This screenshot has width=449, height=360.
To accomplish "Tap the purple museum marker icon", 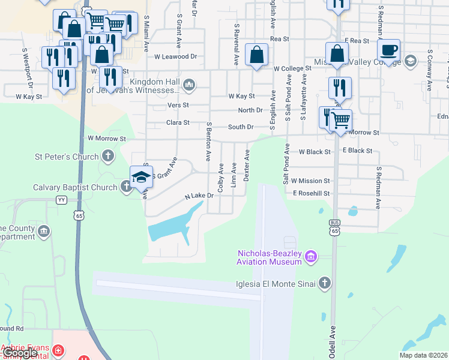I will click(x=310, y=257).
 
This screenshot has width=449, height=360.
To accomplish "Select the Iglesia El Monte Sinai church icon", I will click(x=324, y=283).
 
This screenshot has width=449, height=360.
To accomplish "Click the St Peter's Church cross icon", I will click(x=108, y=157).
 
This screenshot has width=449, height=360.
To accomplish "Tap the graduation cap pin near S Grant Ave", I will click(x=141, y=176).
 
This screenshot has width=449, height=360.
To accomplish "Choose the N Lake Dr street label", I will click(x=199, y=196).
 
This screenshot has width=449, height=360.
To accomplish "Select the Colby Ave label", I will click(x=221, y=177).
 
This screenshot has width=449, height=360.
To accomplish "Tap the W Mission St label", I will click(x=310, y=181).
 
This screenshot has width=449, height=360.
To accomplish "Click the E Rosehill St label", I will click(x=312, y=193).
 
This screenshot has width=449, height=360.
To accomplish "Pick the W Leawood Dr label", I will click(x=175, y=57).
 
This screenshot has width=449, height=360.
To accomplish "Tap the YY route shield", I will click(x=61, y=199).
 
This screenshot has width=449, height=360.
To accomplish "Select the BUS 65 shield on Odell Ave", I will click(x=334, y=226).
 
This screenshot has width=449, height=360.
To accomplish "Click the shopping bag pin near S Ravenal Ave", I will click(x=256, y=56).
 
